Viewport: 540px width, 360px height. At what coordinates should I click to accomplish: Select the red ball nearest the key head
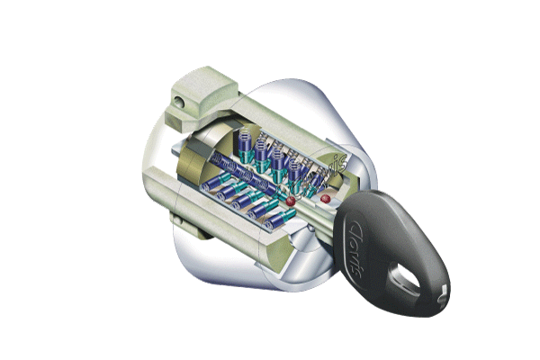coord(325,193)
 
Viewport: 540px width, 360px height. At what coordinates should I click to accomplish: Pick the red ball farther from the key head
coord(290,200)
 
